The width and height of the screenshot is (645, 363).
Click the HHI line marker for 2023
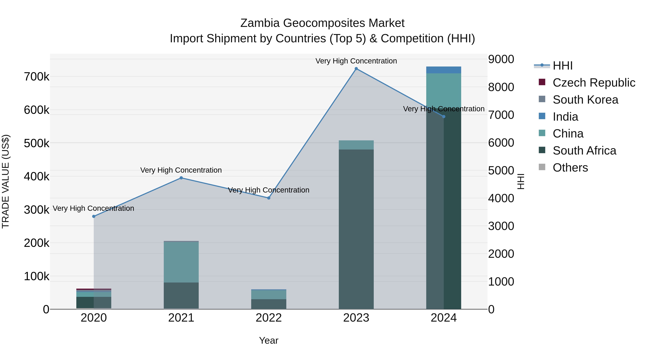pos(356,69)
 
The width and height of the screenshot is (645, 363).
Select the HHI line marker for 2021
pos(181,178)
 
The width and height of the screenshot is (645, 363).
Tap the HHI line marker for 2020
pos(94,216)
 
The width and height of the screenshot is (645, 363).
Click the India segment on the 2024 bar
pos(443,70)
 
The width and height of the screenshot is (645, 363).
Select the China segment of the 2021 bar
pos(181,262)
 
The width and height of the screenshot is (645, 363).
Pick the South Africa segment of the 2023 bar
pos(356,229)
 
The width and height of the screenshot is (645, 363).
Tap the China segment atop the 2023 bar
pos(356,145)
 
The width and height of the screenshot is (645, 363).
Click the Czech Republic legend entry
pos(593,83)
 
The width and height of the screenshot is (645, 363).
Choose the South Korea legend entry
pos(585,100)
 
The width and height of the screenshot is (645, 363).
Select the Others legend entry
pos(570,168)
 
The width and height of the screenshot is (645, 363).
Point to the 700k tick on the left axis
pos(37,77)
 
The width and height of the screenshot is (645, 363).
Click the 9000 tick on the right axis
pos(501,59)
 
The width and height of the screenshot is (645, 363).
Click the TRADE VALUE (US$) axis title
pos(6,181)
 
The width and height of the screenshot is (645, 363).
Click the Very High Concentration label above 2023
pos(356,61)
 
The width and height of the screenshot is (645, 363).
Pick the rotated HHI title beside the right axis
pos(520,181)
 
